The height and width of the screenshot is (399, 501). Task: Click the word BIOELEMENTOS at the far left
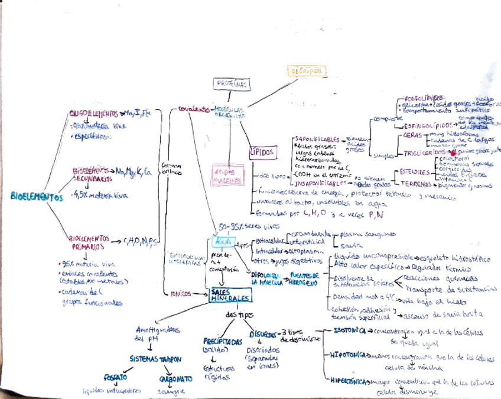tap(37, 197)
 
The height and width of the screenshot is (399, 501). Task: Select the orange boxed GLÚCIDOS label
tap(306, 72)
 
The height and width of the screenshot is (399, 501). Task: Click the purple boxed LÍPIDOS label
tap(262, 153)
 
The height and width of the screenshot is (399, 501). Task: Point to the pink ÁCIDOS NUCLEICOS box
tap(226, 174)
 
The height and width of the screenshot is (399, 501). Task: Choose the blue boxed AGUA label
tap(223, 242)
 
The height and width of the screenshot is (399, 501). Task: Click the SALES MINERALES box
tap(229, 296)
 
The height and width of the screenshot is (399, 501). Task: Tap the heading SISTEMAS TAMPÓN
tap(156, 359)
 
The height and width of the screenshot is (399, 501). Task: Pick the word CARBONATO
tap(175, 379)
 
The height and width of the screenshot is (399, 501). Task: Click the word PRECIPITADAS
tap(223, 342)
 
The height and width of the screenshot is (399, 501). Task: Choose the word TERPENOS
tap(412, 184)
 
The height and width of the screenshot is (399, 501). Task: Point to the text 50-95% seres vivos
tap(242, 226)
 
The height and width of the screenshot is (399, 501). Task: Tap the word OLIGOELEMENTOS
tap(93, 113)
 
